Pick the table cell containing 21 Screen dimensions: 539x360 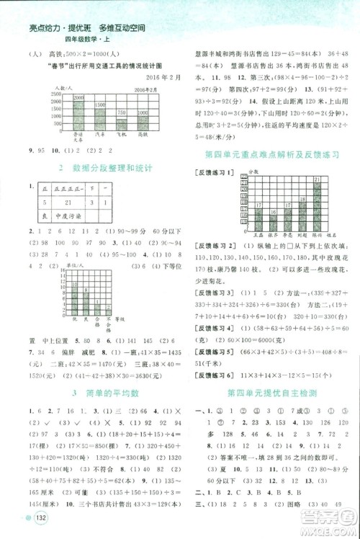coord(69,202)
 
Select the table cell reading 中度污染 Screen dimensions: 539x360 coord(69,215)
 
